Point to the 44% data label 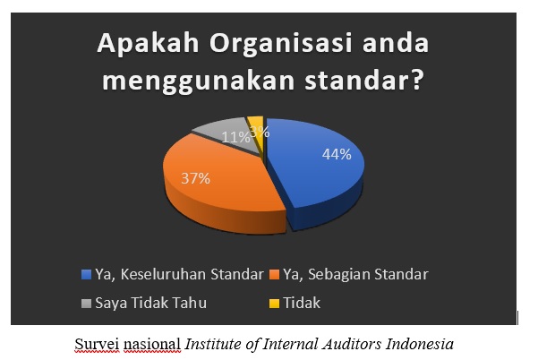[337, 154]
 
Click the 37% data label [195, 178]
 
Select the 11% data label [235, 138]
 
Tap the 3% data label [260, 132]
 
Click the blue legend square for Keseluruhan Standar [86, 275]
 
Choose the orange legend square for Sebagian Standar [275, 275]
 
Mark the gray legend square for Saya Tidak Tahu [86, 303]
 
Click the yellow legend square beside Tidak [275, 303]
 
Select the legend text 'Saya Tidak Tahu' [151, 304]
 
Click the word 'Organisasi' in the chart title [281, 44]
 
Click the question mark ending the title [417, 80]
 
